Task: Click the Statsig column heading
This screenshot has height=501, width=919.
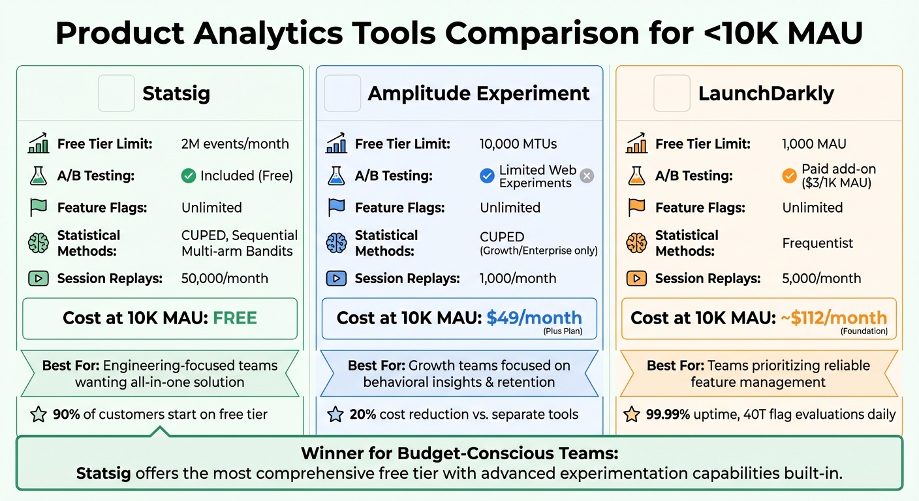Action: (176, 93)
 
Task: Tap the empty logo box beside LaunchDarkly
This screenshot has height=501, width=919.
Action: (672, 93)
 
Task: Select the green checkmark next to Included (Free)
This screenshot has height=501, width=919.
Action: (189, 175)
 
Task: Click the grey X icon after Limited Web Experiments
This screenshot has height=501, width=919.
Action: (587, 175)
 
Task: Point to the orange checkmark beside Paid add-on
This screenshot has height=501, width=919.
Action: (789, 175)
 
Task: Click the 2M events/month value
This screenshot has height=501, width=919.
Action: (235, 144)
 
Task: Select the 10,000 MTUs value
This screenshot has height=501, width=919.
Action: (518, 144)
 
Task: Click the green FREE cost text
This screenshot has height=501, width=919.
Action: (235, 318)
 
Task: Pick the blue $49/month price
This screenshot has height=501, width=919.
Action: (534, 318)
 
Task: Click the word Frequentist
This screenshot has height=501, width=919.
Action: (817, 243)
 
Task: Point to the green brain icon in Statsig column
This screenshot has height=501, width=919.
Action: (39, 243)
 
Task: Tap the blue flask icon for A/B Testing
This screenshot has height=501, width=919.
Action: (336, 175)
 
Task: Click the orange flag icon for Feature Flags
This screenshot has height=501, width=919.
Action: (636, 207)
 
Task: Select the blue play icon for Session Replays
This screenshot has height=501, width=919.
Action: (336, 279)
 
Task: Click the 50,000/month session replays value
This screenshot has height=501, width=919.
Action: (225, 279)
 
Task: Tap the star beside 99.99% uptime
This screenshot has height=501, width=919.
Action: (631, 414)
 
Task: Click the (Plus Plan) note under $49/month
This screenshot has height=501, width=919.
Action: (563, 331)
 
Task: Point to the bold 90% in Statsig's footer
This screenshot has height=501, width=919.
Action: (66, 414)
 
